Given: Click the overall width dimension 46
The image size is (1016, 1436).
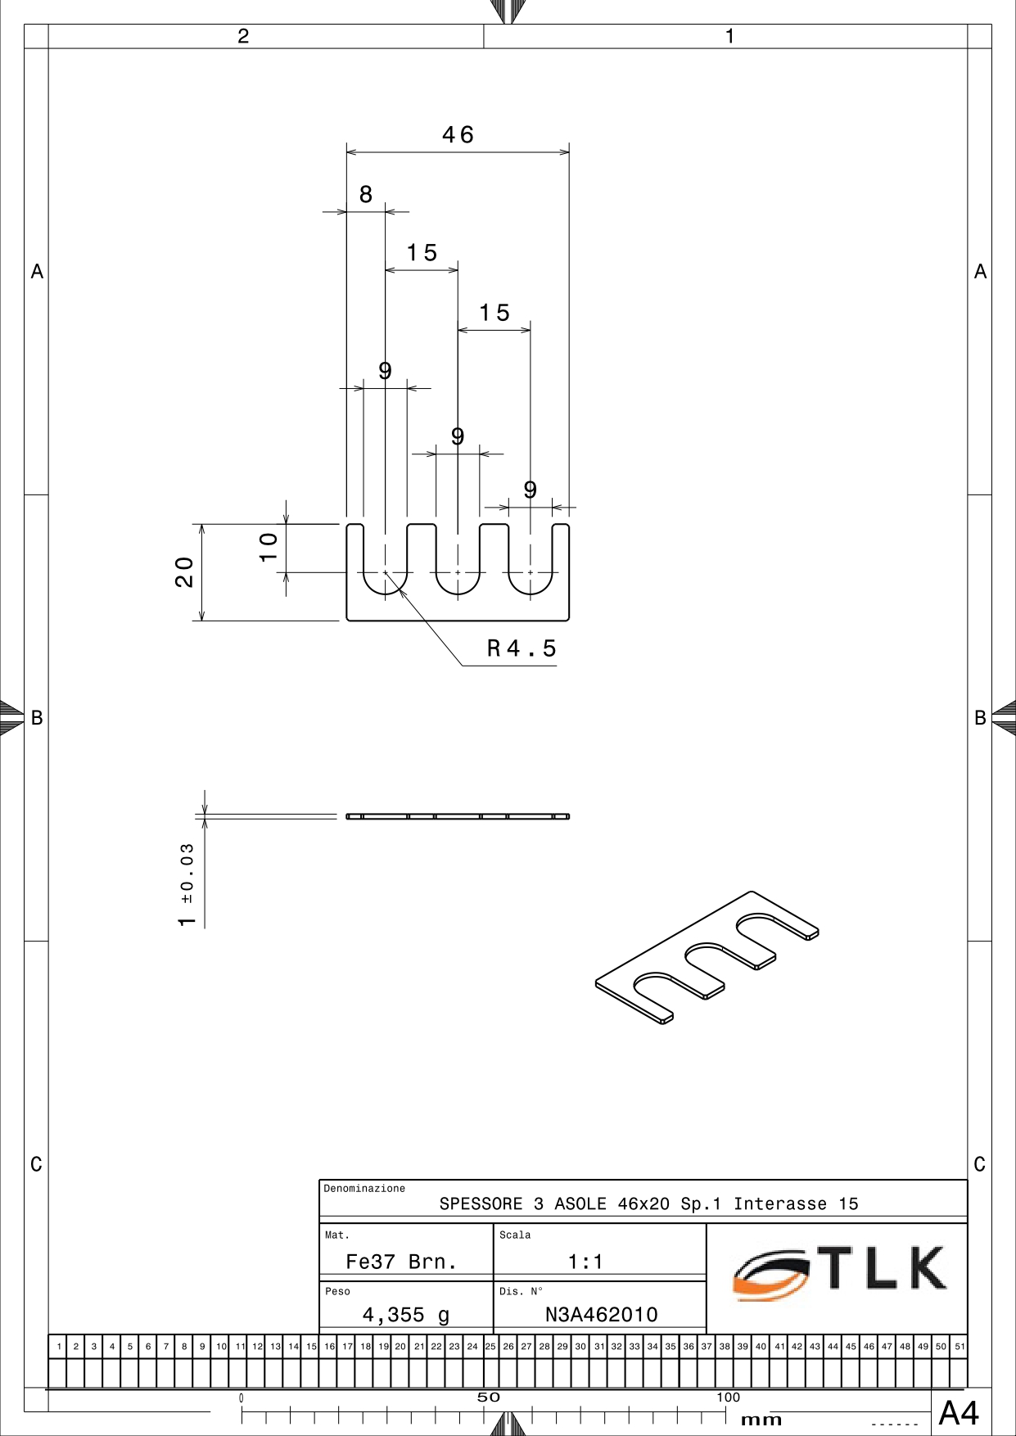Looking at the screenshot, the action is (x=458, y=134).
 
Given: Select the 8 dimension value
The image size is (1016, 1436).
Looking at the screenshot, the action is (x=366, y=194).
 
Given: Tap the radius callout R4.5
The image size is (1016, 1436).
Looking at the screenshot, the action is (x=522, y=648).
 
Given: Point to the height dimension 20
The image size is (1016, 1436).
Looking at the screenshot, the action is (x=184, y=571).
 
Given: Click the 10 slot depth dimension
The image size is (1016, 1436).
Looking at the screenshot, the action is (x=269, y=546).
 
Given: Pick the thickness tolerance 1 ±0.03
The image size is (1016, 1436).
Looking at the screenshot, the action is (x=187, y=885).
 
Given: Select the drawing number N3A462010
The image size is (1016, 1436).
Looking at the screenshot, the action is (x=602, y=1314).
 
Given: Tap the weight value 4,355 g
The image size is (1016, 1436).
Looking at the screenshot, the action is (x=406, y=1315).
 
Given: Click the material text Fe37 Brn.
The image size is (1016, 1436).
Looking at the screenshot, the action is (x=401, y=1262).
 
